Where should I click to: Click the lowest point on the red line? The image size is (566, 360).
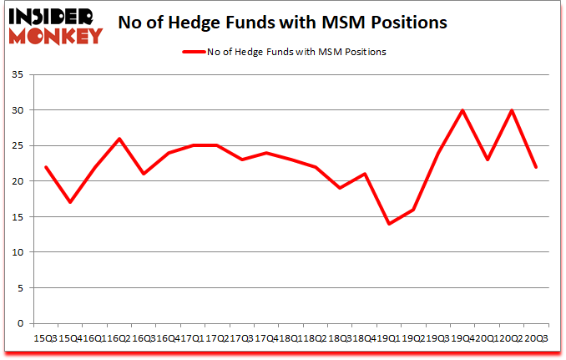tap(388, 224)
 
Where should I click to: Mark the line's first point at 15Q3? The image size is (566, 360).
tap(47, 167)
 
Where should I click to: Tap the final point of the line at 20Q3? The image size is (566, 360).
tap(535, 167)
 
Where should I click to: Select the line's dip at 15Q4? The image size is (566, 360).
tap(71, 202)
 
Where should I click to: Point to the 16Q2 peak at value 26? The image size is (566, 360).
tap(120, 139)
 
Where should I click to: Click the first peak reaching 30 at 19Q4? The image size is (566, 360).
tap(462, 110)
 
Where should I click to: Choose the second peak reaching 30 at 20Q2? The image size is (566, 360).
tap(511, 110)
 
